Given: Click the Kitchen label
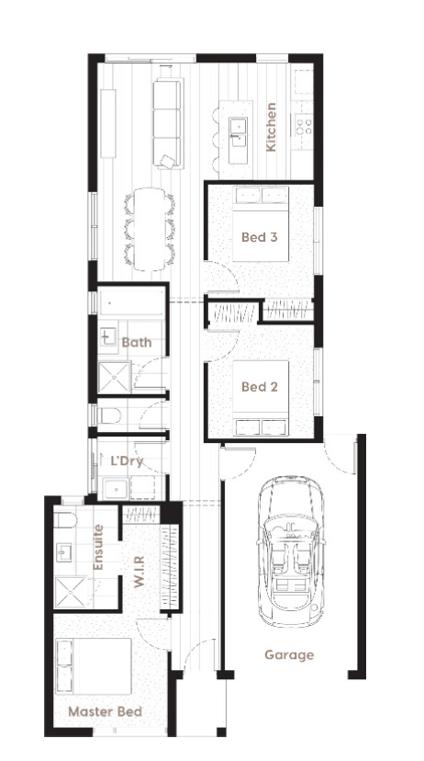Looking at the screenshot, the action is (272, 127).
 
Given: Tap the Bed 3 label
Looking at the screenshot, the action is (260, 237).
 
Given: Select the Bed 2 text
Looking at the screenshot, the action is (260, 387).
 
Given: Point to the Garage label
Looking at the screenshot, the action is (289, 655).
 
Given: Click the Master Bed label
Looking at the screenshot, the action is (106, 712).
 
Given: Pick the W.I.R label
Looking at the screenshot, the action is (139, 572).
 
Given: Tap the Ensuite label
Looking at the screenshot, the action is (98, 547).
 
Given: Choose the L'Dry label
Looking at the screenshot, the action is (127, 460).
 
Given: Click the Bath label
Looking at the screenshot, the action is (137, 342).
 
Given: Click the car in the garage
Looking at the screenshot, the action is (290, 551).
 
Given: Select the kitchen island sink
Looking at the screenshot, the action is (239, 133).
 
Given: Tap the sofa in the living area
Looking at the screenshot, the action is (168, 123).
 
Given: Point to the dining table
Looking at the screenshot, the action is (150, 229).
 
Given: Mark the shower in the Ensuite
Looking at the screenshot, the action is (73, 592).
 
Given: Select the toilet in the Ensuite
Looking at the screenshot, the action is (65, 520).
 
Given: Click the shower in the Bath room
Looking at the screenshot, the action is (115, 377).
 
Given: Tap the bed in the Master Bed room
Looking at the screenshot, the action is (94, 665).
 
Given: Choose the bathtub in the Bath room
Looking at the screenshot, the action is (131, 303).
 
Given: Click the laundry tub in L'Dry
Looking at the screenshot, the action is (117, 488).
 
